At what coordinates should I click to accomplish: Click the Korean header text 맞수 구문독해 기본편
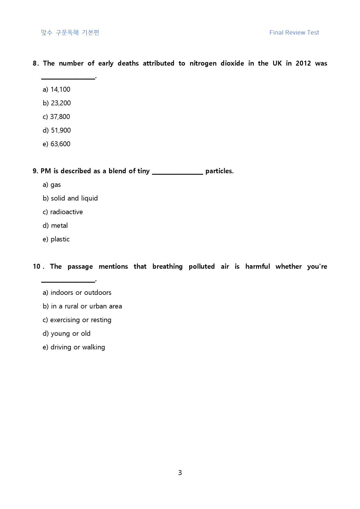tap(70, 33)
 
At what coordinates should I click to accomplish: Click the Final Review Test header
tap(294, 33)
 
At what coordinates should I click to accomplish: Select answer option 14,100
tap(57, 89)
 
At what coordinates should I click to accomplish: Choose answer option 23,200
tap(57, 103)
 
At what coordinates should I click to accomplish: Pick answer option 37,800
tap(56, 117)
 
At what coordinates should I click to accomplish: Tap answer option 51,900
tap(57, 130)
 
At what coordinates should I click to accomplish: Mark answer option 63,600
tap(57, 144)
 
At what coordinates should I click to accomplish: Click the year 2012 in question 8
tap(303, 63)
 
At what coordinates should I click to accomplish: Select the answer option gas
tap(52, 185)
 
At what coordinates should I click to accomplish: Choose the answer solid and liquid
tap(70, 198)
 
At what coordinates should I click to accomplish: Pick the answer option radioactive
tap(63, 212)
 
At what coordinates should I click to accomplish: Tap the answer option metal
tap(55, 225)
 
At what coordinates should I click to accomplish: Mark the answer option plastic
tap(56, 239)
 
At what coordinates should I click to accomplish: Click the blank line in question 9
tap(177, 173)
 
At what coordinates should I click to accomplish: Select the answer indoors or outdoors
tap(77, 293)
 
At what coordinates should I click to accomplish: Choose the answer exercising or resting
tap(77, 320)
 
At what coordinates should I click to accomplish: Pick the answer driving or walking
tap(74, 347)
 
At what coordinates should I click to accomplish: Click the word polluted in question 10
tap(201, 266)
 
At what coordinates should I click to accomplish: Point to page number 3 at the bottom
tap(180, 473)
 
